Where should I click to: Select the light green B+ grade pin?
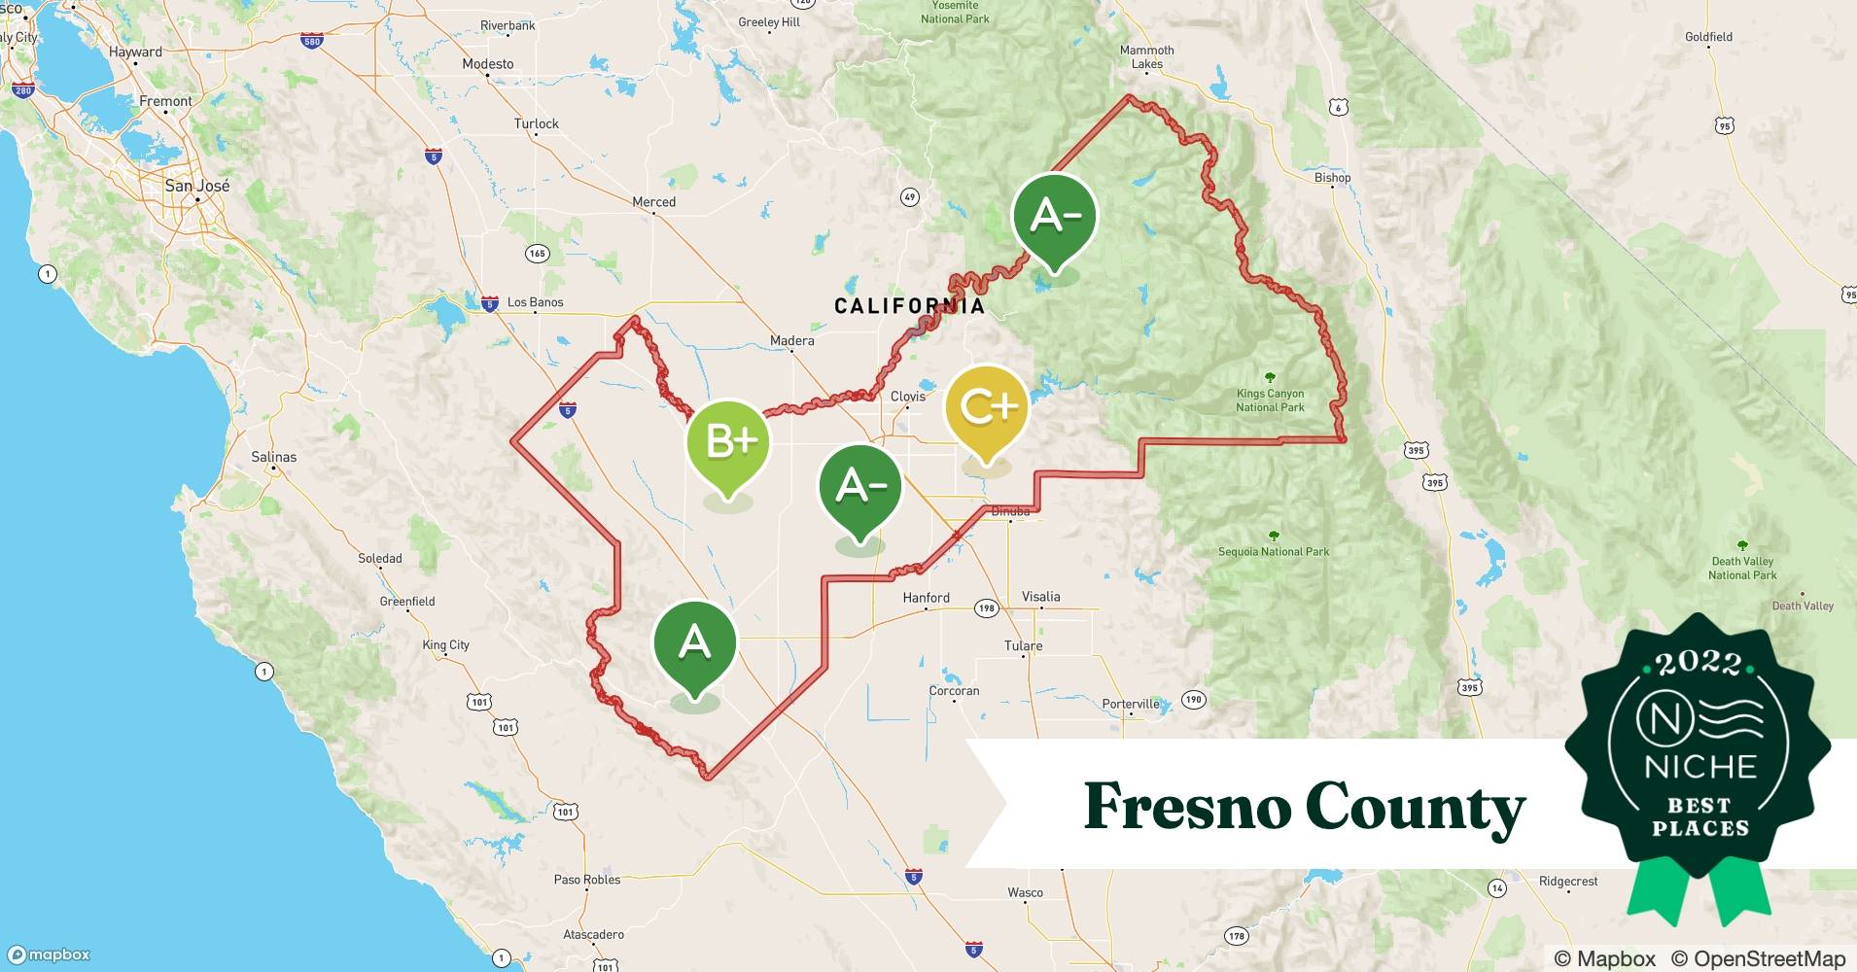pyautogui.click(x=728, y=442)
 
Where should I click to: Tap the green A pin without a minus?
pyautogui.click(x=694, y=643)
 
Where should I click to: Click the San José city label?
pyautogui.click(x=197, y=185)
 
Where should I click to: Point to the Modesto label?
pyautogui.click(x=488, y=64)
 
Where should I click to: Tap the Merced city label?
pyautogui.click(x=653, y=202)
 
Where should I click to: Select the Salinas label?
pyautogui.click(x=273, y=457)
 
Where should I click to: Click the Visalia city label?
pyautogui.click(x=1040, y=597)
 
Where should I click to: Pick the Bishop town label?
pyautogui.click(x=1332, y=178)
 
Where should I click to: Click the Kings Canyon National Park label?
pyautogui.click(x=1270, y=400)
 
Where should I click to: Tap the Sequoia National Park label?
pyautogui.click(x=1274, y=551)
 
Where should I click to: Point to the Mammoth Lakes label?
pyautogui.click(x=1147, y=57)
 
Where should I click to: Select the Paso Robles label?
pyautogui.click(x=587, y=880)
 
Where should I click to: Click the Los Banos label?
pyautogui.click(x=535, y=302)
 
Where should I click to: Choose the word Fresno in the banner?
pyautogui.click(x=1186, y=807)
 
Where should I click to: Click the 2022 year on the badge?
pyautogui.click(x=1699, y=664)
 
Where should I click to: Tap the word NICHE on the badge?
pyautogui.click(x=1700, y=768)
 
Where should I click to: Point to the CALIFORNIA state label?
pyautogui.click(x=909, y=307)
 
